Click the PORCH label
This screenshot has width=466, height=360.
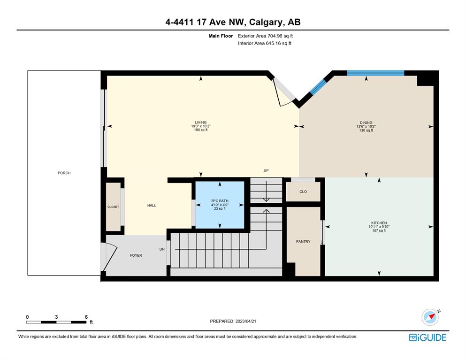pyautogui.click(x=64, y=173)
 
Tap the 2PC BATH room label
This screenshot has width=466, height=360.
pyautogui.click(x=220, y=201)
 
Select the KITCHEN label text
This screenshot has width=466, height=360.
pyautogui.click(x=379, y=222)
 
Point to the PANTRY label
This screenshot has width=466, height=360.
pyautogui.click(x=303, y=241)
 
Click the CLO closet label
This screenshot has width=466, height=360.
pyautogui.click(x=303, y=191)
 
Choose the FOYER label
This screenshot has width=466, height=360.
pyautogui.click(x=136, y=255)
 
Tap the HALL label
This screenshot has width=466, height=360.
pyautogui.click(x=152, y=205)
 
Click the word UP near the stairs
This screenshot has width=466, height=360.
pyautogui.click(x=266, y=170)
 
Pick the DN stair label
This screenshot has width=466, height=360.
pyautogui.click(x=162, y=249)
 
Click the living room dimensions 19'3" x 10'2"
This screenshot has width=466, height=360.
pyautogui.click(x=200, y=126)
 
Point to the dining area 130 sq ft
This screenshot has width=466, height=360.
pyautogui.click(x=366, y=130)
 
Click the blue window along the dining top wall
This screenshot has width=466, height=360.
pyautogui.click(x=375, y=73)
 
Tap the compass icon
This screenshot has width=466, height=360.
pyautogui.click(x=430, y=317)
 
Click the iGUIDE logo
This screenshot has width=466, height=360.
pyautogui.click(x=428, y=337)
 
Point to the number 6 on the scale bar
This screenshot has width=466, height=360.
pyautogui.click(x=86, y=317)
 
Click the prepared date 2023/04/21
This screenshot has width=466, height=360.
pyautogui.click(x=246, y=321)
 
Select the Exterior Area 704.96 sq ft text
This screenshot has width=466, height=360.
pyautogui.click(x=266, y=36)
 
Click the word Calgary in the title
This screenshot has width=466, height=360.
pyautogui.click(x=266, y=23)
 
